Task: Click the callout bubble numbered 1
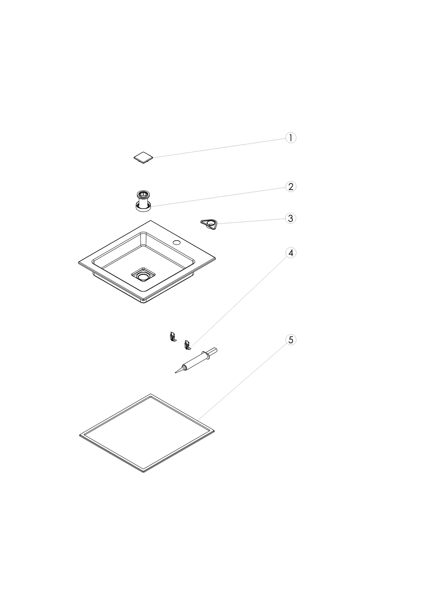click(291, 138)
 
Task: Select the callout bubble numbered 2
click(291, 186)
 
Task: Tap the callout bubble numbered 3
click(291, 218)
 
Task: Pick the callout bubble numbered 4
click(291, 253)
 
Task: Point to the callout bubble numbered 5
click(291, 340)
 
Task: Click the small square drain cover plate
click(143, 158)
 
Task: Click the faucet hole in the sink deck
click(177, 243)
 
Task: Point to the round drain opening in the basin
click(143, 277)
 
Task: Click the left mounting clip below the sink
click(172, 337)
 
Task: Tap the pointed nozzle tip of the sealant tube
click(176, 373)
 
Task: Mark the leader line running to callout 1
click(219, 148)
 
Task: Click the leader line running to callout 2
click(218, 197)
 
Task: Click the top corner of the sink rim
click(151, 221)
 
